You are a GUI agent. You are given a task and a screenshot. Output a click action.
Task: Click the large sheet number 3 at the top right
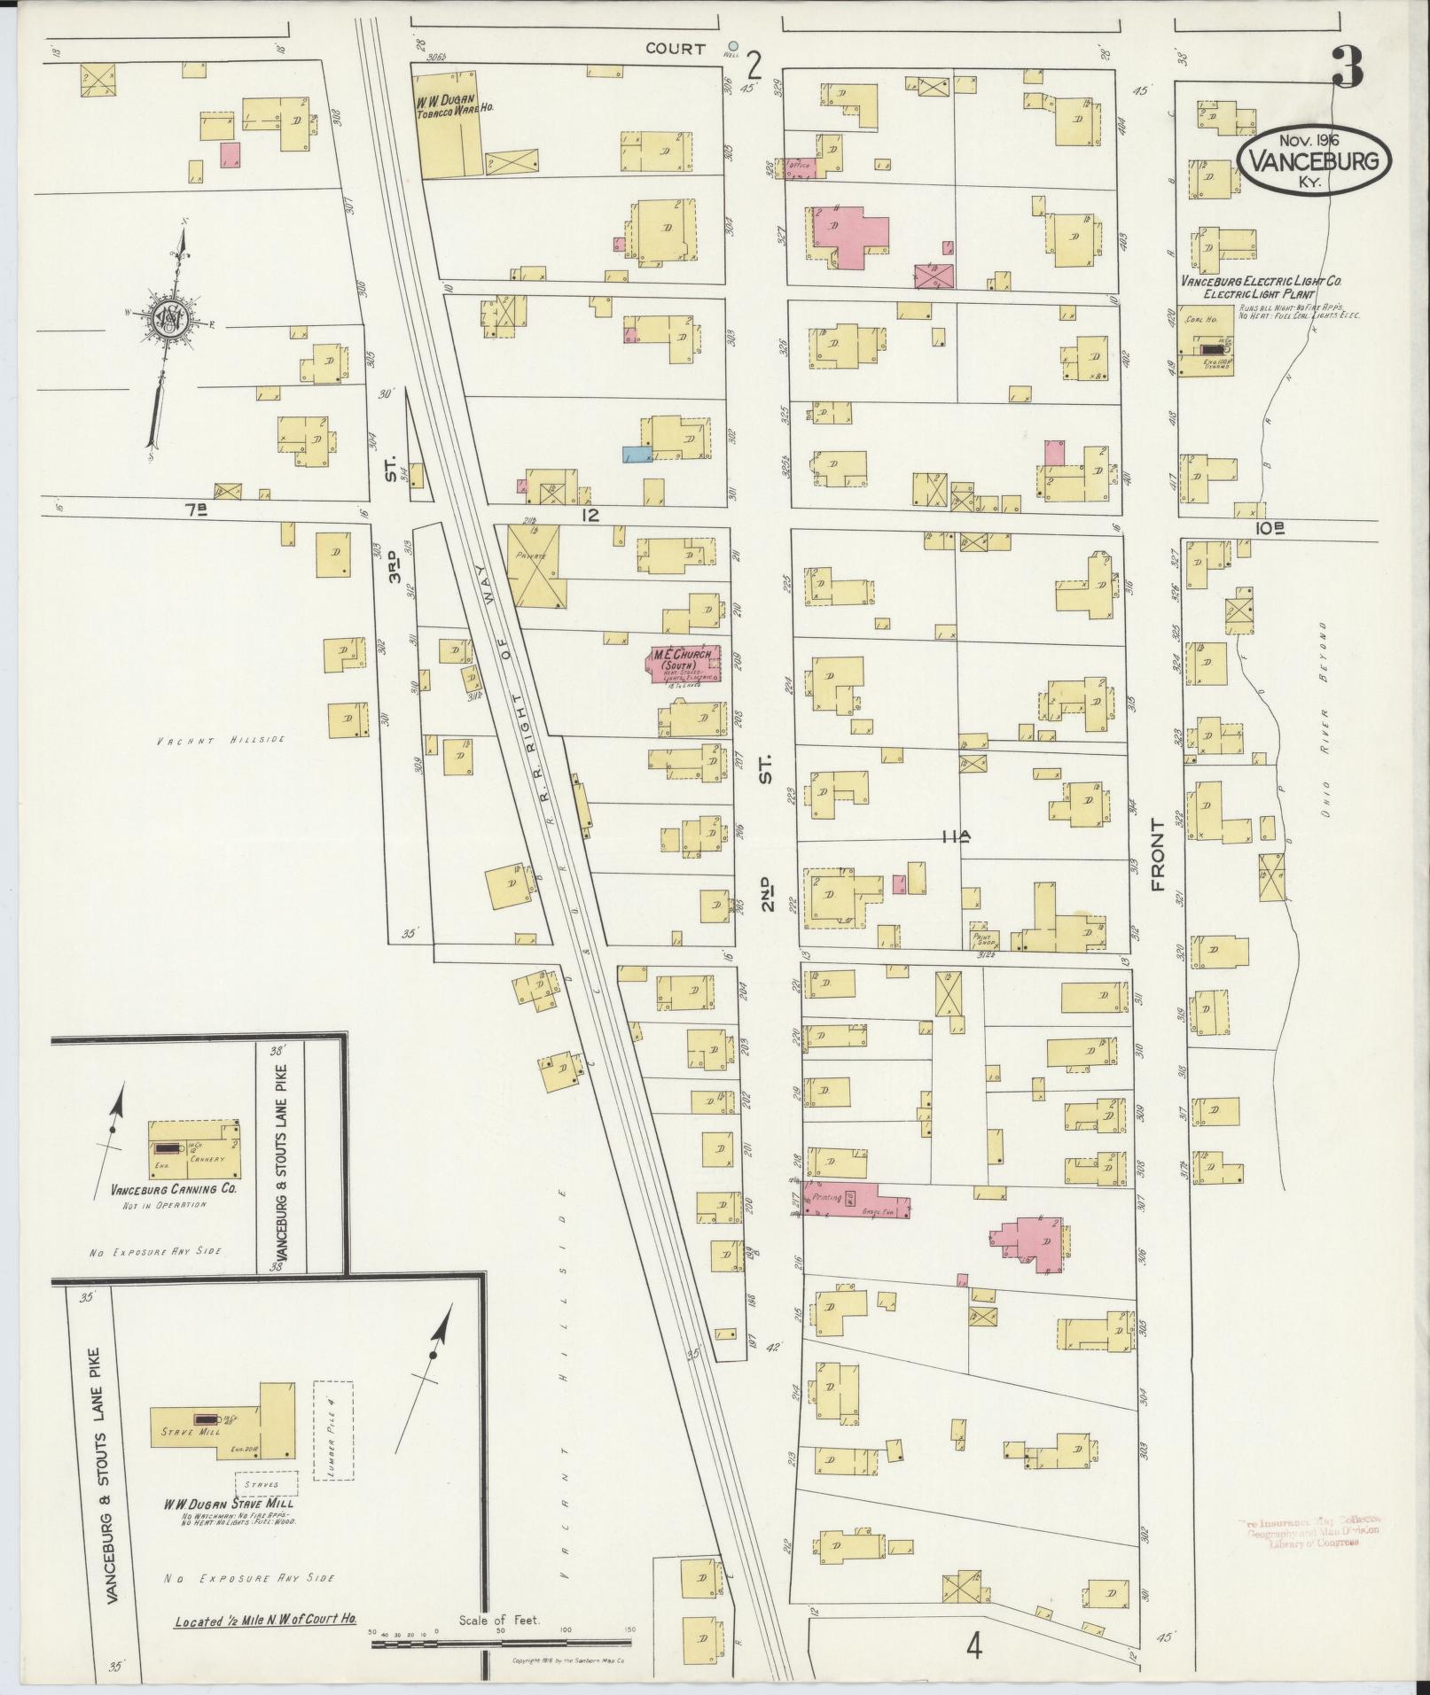pyautogui.click(x=1348, y=67)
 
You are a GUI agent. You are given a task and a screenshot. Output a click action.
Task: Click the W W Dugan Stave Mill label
pyautogui.click(x=228, y=1504)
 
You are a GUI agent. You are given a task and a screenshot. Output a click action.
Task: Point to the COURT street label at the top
pyautogui.click(x=676, y=49)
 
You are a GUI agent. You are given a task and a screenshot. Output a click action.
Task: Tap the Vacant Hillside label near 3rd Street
pyautogui.click(x=221, y=740)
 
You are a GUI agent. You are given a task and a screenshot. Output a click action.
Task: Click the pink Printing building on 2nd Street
pyautogui.click(x=856, y=1199)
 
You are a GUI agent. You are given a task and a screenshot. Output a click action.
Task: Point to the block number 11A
pyautogui.click(x=957, y=835)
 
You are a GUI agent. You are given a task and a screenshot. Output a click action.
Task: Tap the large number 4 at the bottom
pyautogui.click(x=974, y=1645)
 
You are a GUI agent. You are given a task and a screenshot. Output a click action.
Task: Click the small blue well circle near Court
pyautogui.click(x=732, y=45)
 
